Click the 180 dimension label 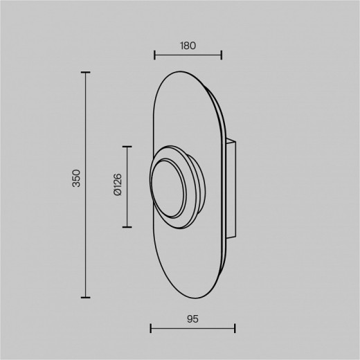(188, 46)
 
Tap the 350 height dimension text (76, 178)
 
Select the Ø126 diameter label (118, 185)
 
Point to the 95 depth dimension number (192, 319)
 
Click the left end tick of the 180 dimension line (154, 55)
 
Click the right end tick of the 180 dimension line (222, 55)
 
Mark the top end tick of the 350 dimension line (86, 73)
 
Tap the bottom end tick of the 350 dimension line (86, 298)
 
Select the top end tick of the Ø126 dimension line (127, 147)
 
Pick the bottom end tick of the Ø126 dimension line (127, 227)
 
